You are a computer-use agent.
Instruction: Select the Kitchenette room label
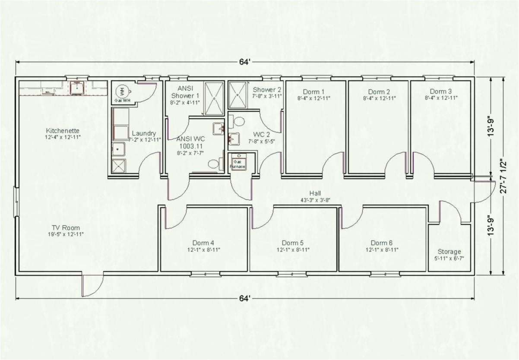point(63,130)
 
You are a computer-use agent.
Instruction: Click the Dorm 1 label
point(313,92)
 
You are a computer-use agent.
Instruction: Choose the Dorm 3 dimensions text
point(440,98)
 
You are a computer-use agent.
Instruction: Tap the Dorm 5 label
point(293,243)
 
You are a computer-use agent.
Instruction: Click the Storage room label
point(449,252)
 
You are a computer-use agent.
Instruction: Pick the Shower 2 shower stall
point(237,95)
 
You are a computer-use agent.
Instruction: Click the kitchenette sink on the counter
point(77,88)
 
